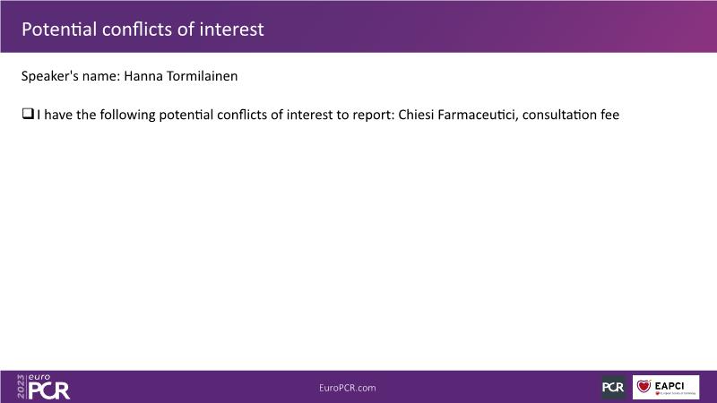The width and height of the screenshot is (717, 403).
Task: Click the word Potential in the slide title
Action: click(59, 30)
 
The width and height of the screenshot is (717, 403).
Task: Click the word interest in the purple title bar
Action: click(231, 30)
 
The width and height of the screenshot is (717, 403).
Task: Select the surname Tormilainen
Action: click(203, 76)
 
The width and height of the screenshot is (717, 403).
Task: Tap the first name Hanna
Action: click(143, 76)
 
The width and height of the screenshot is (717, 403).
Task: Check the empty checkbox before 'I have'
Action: click(28, 114)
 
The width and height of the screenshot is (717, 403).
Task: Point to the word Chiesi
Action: click(416, 115)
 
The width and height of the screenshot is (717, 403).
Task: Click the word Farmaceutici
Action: click(478, 115)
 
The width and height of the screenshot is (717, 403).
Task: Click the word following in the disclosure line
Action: click(127, 116)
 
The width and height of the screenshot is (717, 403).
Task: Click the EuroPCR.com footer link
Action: click(348, 388)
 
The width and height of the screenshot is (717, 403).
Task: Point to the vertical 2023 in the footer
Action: click(21, 387)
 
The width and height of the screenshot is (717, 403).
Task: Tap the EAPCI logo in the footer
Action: click(666, 387)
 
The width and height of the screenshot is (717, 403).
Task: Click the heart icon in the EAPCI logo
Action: click(644, 386)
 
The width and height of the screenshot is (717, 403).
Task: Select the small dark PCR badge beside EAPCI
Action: click(613, 387)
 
